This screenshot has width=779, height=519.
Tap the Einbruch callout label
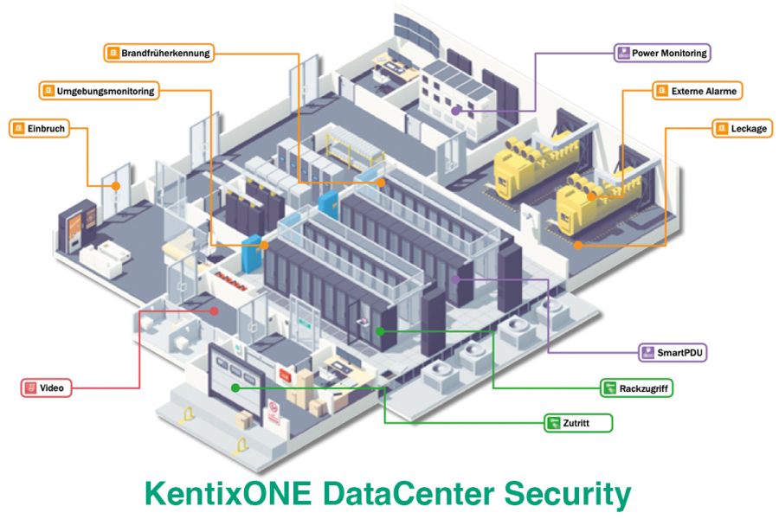click(x=36, y=129)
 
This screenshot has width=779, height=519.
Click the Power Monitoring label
click(x=662, y=53)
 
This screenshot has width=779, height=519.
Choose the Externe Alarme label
click(x=697, y=90)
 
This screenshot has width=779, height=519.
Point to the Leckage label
click(x=742, y=129)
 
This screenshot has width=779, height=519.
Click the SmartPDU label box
click(x=673, y=353)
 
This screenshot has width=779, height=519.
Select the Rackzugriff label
click(x=636, y=388)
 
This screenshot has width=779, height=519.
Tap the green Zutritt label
click(x=578, y=423)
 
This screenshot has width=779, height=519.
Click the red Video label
click(x=47, y=388)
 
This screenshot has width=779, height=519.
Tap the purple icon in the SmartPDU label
click(x=649, y=353)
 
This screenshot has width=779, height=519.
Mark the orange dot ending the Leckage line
click(x=577, y=245)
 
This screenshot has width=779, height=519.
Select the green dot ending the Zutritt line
click(x=235, y=388)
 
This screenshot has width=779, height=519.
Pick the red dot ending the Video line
click(x=214, y=309)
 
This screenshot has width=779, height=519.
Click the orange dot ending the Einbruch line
click(x=115, y=184)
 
